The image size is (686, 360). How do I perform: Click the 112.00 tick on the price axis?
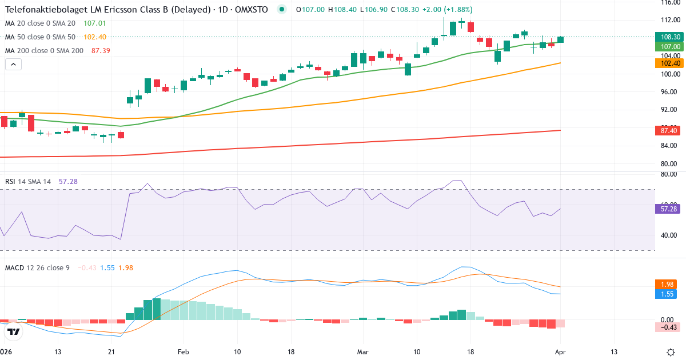click(668, 20)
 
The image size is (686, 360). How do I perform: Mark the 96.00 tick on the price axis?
click(668, 92)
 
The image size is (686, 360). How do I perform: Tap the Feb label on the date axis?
click(184, 352)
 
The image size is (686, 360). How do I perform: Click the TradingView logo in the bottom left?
click(14, 331)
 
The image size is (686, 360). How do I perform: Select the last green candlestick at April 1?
click(561, 39)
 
